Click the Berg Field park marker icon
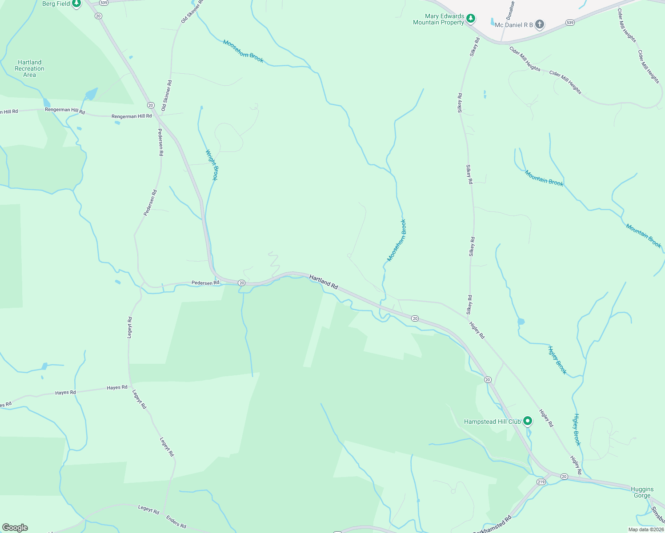coord(76,4)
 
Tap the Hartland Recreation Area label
coord(29,68)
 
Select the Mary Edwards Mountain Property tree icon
coord(471,19)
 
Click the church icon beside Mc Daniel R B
coord(540,24)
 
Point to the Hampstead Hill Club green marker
coord(528,421)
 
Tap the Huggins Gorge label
coord(642,492)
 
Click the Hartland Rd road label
coord(324,282)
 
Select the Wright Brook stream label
coord(212,165)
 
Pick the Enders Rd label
coord(176,522)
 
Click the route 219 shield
coord(541,482)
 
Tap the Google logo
coord(15,528)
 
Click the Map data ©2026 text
coord(645,529)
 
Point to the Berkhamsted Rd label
coord(493,525)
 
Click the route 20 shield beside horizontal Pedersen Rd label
coord(241,282)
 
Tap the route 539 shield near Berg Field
coord(104,3)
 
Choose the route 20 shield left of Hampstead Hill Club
coord(488,380)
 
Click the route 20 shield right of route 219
coord(564,477)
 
